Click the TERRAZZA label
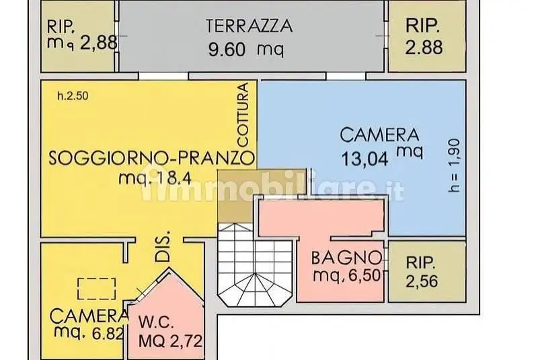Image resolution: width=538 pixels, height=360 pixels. pos(249,26)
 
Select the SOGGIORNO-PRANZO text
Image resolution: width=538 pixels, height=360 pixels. pos(152,159)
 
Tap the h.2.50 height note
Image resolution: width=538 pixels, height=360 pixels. pos(73,96)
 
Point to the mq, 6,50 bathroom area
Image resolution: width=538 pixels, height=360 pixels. pos(347,275)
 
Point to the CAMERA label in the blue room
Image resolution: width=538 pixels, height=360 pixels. pos(379,135)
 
